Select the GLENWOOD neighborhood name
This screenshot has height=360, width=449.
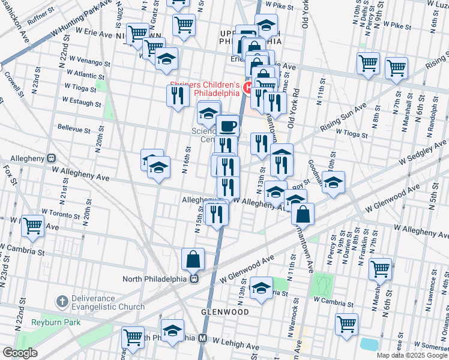(x=226, y=312)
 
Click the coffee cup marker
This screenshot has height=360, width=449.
(x=228, y=127)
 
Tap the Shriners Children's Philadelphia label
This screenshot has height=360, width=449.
(x=205, y=89)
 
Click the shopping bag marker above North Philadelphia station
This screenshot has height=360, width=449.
(x=193, y=259)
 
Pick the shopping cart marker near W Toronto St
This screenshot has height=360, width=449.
(x=33, y=226)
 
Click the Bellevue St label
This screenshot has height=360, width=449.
(x=74, y=128)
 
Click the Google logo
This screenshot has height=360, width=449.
(x=20, y=353)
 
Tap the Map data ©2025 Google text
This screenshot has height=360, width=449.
(x=411, y=355)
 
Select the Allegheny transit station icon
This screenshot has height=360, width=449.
(x=51, y=159)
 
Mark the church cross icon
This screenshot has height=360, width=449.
(x=62, y=300)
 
